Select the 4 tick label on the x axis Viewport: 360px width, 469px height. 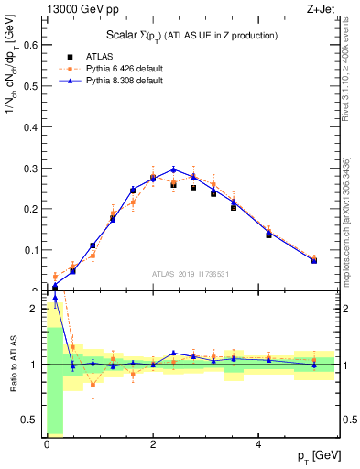click(260, 445)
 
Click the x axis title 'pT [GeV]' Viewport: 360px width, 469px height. click(314, 456)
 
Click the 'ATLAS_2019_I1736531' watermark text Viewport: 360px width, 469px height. click(191, 274)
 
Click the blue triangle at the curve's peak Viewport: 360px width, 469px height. click(174, 169)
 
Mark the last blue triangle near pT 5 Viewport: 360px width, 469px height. click(314, 260)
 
